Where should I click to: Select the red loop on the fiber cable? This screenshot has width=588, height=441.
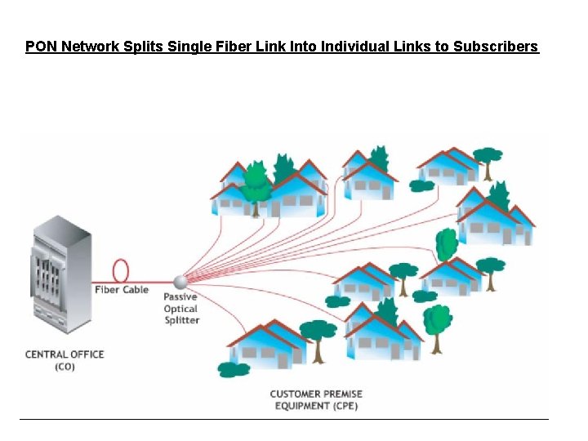pos(121,270)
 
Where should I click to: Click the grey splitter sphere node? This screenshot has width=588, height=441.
pos(180,282)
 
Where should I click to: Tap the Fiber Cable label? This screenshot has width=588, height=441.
pos(121,290)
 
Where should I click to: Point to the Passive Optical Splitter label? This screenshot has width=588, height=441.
pos(180,309)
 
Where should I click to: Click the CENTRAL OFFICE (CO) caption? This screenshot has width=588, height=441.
pos(65,360)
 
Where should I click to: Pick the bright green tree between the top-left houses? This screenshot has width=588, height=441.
pos(256,184)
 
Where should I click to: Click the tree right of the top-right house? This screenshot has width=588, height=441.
pos(488,159)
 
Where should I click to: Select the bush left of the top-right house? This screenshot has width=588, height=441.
pos(421,186)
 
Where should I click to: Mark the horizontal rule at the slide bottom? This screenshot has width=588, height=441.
pos(284,420)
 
